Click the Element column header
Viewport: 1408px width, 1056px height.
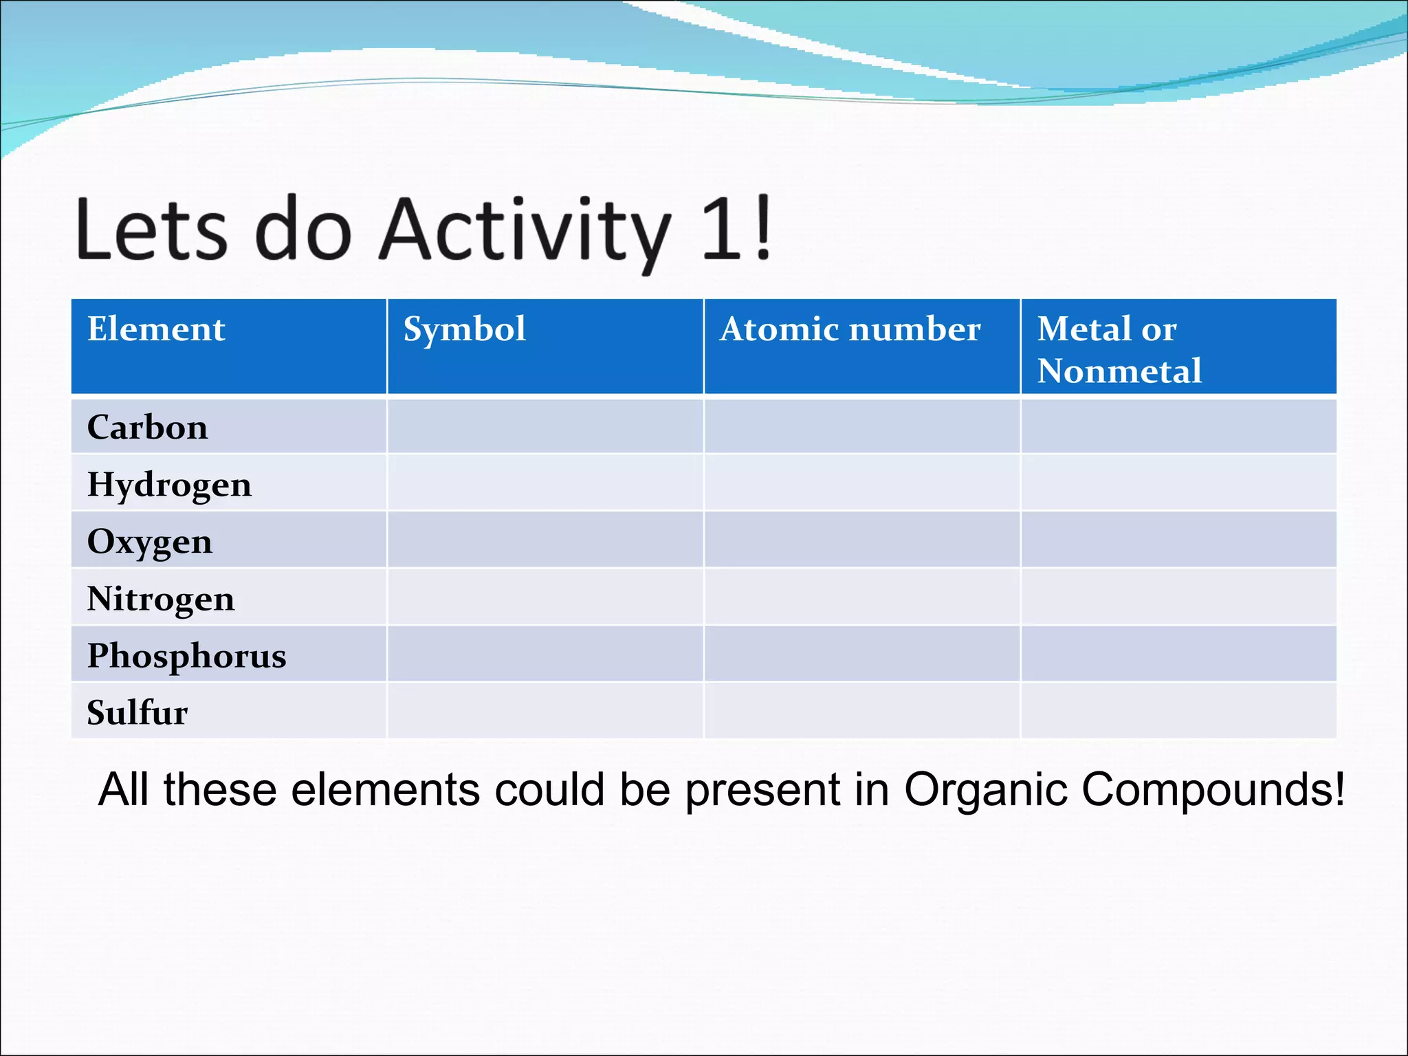[156, 329]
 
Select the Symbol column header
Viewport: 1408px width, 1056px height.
[464, 329]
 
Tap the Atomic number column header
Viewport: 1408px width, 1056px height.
[850, 329]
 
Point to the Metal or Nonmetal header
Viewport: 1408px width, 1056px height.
[1119, 349]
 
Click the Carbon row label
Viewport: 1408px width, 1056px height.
[147, 427]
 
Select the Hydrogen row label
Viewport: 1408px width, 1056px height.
[169, 484]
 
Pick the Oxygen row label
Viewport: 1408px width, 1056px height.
[149, 541]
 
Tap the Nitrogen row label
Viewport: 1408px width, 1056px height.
[160, 598]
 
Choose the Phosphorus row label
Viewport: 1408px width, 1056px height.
[186, 655]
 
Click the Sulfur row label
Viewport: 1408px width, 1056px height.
[137, 712]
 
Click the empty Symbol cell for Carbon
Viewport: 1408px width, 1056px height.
[545, 426]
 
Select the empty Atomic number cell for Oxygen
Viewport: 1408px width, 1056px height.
[862, 540]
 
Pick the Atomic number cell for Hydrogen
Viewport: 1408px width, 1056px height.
[862, 483]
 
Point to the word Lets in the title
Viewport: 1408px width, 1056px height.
[151, 230]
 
